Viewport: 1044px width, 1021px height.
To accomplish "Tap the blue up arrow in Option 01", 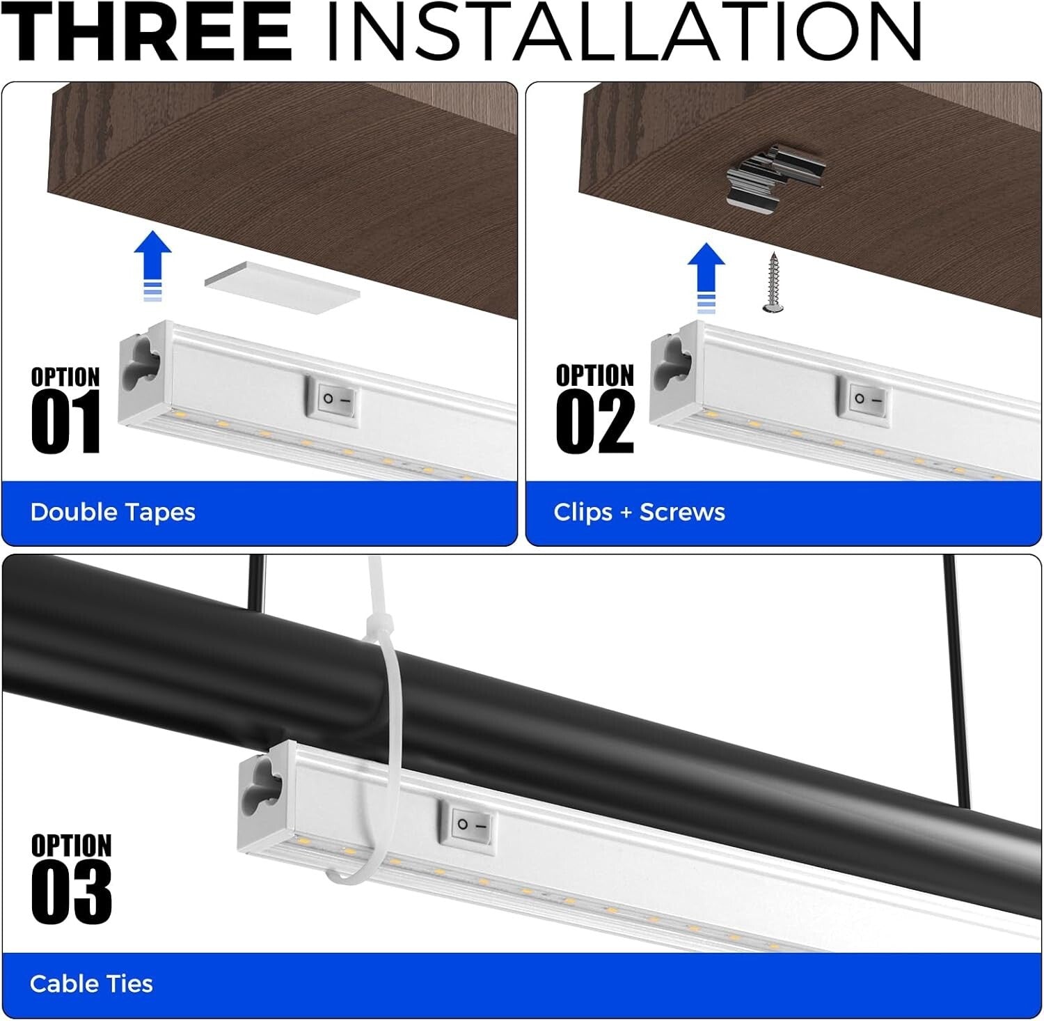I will (152, 265).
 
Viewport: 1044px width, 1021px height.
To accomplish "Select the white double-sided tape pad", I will (282, 287).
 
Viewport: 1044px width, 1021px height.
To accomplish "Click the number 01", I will (66, 423).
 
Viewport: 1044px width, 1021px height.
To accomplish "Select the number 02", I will (595, 423).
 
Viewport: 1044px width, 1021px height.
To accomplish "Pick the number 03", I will (71, 892).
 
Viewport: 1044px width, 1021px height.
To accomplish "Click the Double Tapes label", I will (113, 513).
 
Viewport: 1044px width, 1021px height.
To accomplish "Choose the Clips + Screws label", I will (639, 513).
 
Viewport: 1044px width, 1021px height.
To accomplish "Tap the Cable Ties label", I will (91, 984).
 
